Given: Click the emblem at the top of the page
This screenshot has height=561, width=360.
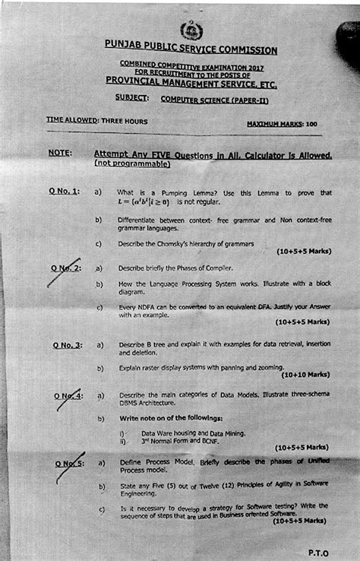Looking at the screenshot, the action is point(188,30).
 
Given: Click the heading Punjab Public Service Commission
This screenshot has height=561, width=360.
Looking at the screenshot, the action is point(191,50).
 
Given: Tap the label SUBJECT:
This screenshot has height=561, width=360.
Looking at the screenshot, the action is point(132,97).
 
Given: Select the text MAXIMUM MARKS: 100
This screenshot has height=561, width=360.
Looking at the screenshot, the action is point(282,123).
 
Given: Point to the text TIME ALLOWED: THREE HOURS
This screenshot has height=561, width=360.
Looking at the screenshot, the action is point(96,120).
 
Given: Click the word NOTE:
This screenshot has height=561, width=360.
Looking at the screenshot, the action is point(60,153).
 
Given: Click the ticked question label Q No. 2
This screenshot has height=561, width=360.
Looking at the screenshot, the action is point(67,268).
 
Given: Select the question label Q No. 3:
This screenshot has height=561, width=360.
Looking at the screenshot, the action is point(68,345).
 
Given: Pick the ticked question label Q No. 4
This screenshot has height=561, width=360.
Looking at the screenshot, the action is point(68,396).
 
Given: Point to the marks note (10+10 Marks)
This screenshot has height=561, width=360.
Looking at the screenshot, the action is point(305,374).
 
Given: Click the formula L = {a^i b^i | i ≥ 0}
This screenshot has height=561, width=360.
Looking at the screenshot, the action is point(145,203).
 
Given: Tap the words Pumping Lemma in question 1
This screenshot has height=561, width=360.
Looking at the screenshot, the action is point(172,193).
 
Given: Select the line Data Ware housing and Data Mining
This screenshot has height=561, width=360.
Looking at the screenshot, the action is point(193,433).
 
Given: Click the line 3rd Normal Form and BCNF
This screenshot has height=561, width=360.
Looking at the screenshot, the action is point(182,441).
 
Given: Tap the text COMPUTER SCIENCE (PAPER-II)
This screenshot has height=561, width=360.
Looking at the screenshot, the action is point(214,100).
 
